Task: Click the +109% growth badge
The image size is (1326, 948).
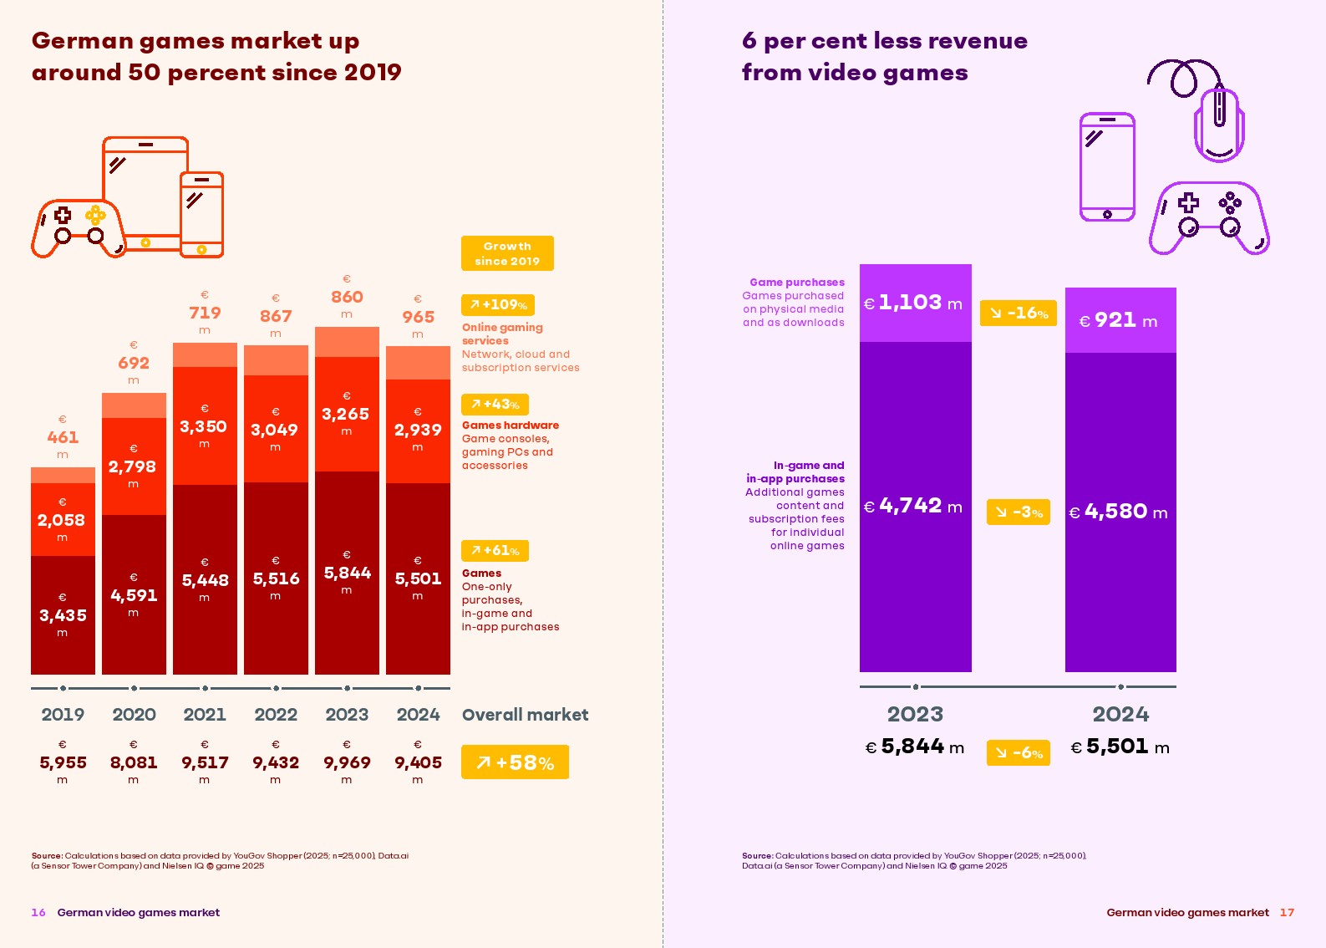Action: [498, 305]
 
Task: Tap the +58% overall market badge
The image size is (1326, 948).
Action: [515, 762]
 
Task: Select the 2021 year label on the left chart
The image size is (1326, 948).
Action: [205, 715]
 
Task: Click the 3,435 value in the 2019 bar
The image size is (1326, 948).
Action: [63, 615]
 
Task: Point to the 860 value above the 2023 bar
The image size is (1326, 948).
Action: [347, 297]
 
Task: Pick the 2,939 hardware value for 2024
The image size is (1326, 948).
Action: [418, 430]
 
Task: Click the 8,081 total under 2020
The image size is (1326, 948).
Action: [134, 762]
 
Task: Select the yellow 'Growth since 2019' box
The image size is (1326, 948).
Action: [507, 253]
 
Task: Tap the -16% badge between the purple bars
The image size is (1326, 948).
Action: [1019, 313]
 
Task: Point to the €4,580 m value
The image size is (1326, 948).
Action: [1119, 512]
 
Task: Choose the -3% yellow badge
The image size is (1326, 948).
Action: [1018, 512]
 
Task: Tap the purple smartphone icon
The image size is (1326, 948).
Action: [1107, 167]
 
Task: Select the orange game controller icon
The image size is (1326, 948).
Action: [79, 228]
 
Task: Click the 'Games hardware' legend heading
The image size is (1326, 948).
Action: [511, 426]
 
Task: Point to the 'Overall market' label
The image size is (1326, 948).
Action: [525, 715]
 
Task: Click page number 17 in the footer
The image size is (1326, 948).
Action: [1287, 913]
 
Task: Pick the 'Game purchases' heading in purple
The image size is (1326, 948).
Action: [797, 283]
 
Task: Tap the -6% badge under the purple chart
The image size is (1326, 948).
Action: [1018, 752]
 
